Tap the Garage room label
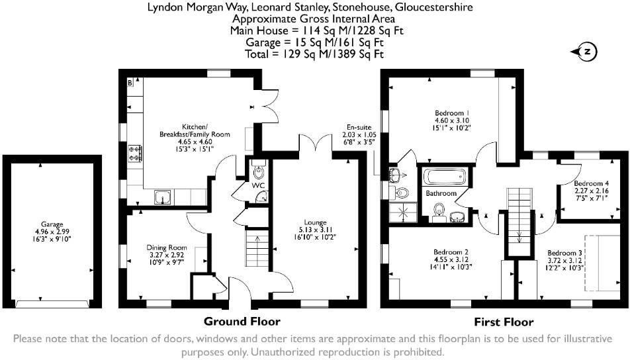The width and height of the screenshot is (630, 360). coord(52,224)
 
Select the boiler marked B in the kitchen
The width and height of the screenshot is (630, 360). coord(130,83)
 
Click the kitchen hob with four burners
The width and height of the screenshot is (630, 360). coord(135,153)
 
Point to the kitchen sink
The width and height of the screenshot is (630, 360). coord(163,197)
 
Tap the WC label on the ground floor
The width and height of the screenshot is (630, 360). coord(258,185)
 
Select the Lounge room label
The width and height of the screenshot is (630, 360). coord(315,222)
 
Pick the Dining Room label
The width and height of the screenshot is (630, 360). coord(166,247)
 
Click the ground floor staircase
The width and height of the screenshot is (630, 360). coord(257,248)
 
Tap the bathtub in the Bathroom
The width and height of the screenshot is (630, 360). coord(445,177)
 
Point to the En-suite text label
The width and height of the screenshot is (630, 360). coord(359,127)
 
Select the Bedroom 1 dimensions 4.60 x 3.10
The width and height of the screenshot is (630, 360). coord(452,120)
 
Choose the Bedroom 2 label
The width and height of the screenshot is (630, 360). coord(451,252)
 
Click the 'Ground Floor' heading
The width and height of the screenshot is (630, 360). coord(242,322)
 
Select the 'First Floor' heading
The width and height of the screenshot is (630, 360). coord(504,322)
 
